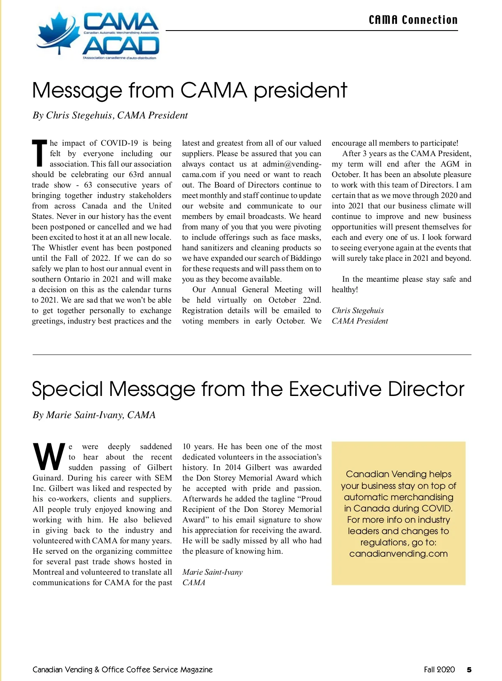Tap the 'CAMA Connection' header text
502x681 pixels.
point(413,20)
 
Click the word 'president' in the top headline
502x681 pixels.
point(300,91)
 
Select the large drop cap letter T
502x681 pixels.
point(40,154)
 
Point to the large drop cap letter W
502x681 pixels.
point(49,457)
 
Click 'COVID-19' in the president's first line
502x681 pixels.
point(119,143)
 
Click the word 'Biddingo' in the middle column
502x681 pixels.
point(305,258)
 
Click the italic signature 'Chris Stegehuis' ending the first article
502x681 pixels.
point(358,311)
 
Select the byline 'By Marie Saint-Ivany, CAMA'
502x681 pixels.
point(94,415)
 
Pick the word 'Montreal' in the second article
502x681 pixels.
point(48,572)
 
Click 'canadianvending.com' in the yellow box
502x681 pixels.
point(398,554)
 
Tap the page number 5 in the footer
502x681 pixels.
point(469,670)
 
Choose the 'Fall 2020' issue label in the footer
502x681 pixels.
point(439,670)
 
